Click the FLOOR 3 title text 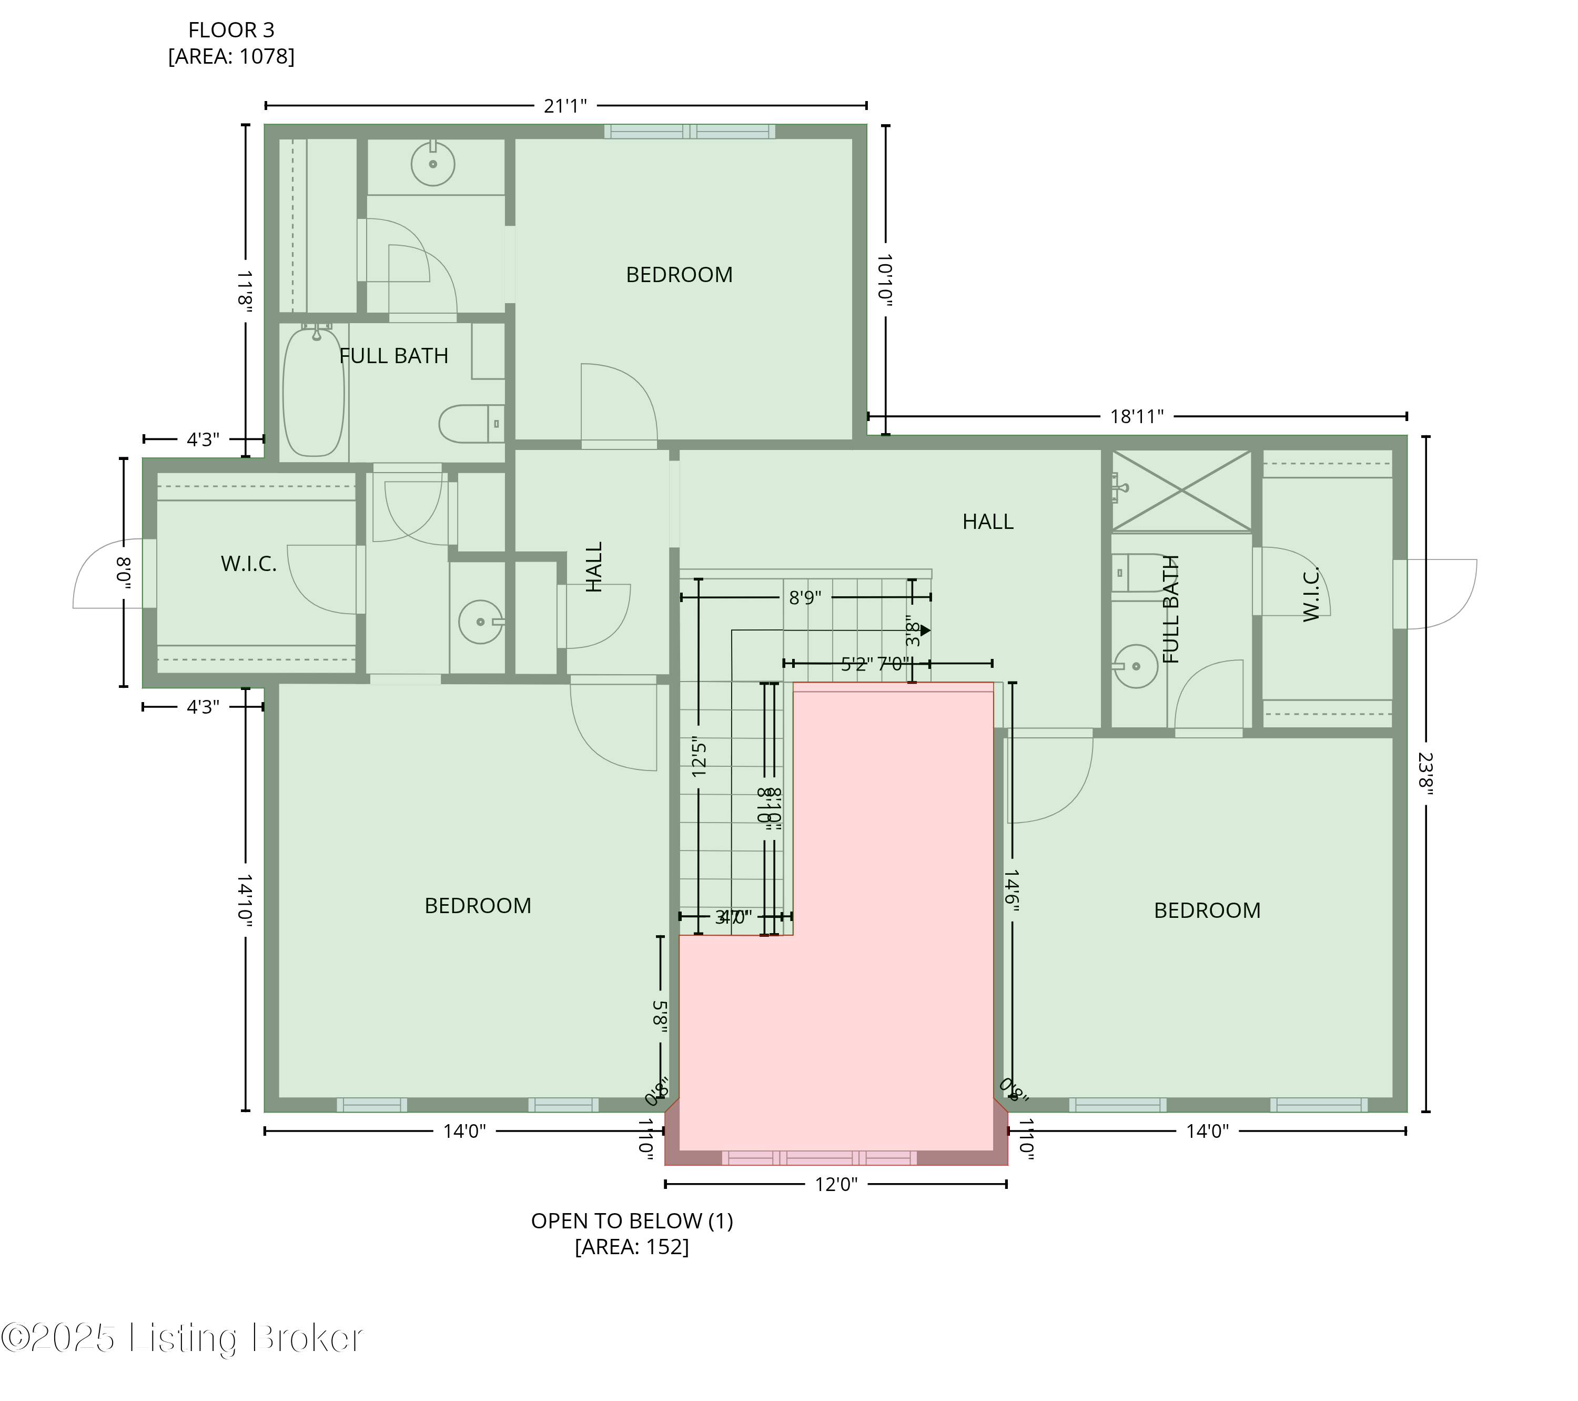pyautogui.click(x=231, y=30)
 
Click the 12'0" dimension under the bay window pyautogui.click(x=836, y=1185)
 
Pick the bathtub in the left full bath pyautogui.click(x=313, y=392)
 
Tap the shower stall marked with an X pyautogui.click(x=1181, y=491)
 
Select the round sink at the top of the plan pyautogui.click(x=432, y=164)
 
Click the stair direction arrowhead pyautogui.click(x=926, y=630)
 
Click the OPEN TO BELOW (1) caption pyautogui.click(x=632, y=1221)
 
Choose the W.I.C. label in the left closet pyautogui.click(x=249, y=564)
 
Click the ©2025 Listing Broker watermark pyautogui.click(x=182, y=1338)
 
